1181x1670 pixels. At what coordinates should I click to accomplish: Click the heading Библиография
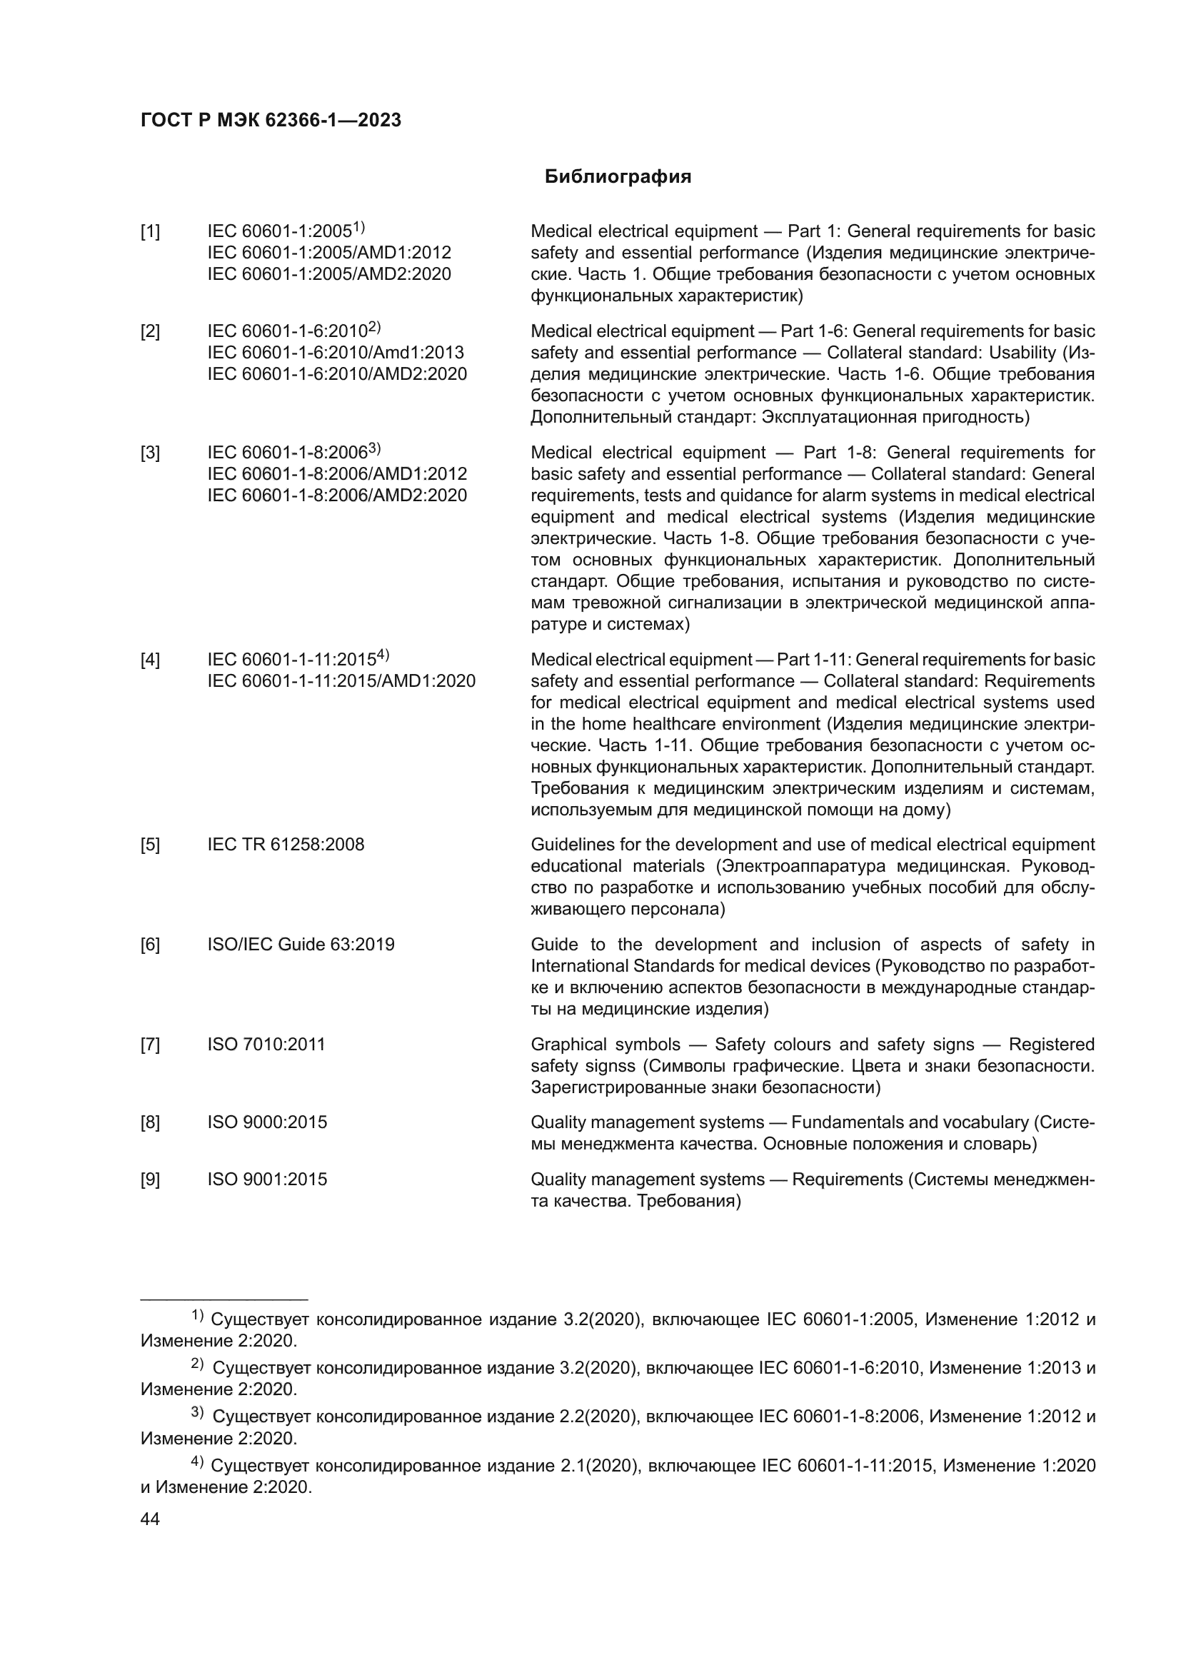[x=618, y=177]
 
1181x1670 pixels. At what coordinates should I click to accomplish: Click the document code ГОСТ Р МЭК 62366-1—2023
[x=271, y=121]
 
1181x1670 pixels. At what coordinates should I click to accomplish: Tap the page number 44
[x=150, y=1519]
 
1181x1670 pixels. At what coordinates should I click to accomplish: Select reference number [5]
[x=150, y=845]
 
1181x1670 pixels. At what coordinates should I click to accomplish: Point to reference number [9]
[x=150, y=1179]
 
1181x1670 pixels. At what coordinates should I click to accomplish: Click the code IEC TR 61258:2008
[x=286, y=845]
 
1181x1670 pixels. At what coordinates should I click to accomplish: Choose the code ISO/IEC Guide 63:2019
[x=301, y=945]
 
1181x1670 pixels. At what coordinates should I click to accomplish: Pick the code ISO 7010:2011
[x=266, y=1045]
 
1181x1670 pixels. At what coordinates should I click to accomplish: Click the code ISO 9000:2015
[x=267, y=1122]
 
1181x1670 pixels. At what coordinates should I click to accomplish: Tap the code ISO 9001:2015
[x=267, y=1179]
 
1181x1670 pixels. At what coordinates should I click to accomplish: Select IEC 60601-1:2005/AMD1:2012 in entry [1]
[x=328, y=253]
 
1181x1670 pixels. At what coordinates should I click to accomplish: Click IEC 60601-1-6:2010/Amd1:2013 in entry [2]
[x=336, y=353]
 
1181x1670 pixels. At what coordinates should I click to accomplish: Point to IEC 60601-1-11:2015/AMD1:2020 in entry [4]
[x=341, y=682]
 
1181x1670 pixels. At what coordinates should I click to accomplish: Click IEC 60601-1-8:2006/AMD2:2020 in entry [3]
[x=337, y=496]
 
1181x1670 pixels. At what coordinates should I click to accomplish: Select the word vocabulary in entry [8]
[x=987, y=1122]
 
